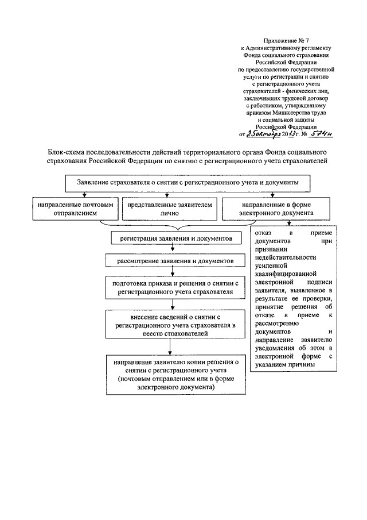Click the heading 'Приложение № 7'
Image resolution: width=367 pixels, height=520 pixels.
coord(286,42)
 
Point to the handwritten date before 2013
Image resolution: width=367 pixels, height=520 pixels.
coord(263,134)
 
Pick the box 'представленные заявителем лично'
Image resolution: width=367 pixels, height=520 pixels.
coord(170,208)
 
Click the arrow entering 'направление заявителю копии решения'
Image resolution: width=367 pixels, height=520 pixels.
coord(169,348)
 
